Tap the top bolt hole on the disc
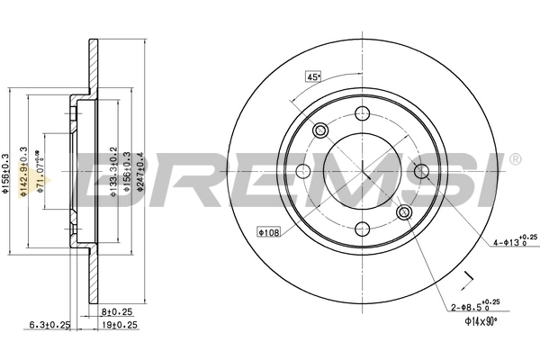click(363, 112)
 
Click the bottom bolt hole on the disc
click(363, 229)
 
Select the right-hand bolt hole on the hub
click(421, 171)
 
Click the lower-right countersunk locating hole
click(404, 212)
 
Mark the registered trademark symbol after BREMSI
click(514, 159)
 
